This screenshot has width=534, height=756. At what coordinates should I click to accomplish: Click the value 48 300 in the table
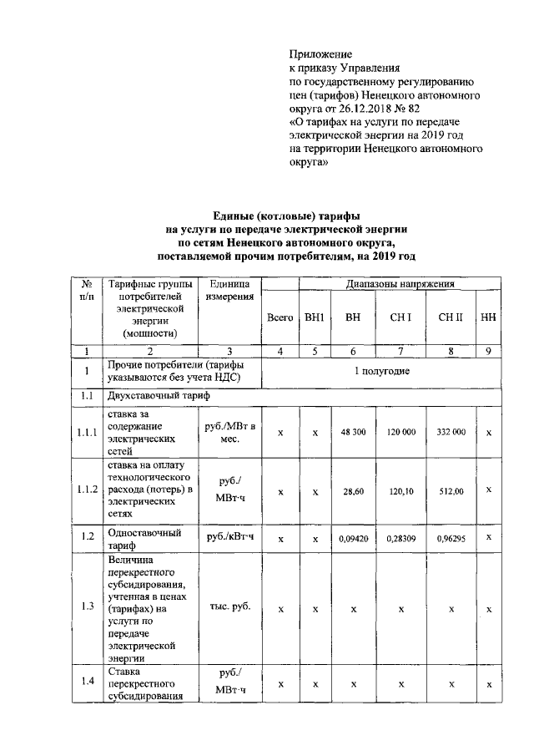click(x=354, y=432)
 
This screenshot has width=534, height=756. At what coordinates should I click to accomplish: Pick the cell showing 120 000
click(x=401, y=432)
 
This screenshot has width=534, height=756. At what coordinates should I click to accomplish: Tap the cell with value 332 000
click(x=451, y=432)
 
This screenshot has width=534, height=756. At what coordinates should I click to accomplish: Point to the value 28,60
click(x=354, y=492)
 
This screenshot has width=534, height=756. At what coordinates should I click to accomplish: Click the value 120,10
click(x=401, y=492)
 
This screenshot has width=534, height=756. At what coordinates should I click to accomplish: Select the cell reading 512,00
click(x=451, y=492)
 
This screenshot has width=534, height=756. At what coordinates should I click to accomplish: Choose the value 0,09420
click(x=354, y=539)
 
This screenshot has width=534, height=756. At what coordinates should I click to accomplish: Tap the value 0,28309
click(x=401, y=539)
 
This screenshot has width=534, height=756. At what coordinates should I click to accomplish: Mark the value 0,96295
click(x=451, y=539)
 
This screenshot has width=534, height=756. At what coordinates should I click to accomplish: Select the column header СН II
click(x=451, y=317)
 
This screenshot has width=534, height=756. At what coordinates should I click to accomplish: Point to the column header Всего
click(x=280, y=317)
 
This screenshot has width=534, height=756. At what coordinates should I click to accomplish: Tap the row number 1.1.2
click(x=87, y=491)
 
